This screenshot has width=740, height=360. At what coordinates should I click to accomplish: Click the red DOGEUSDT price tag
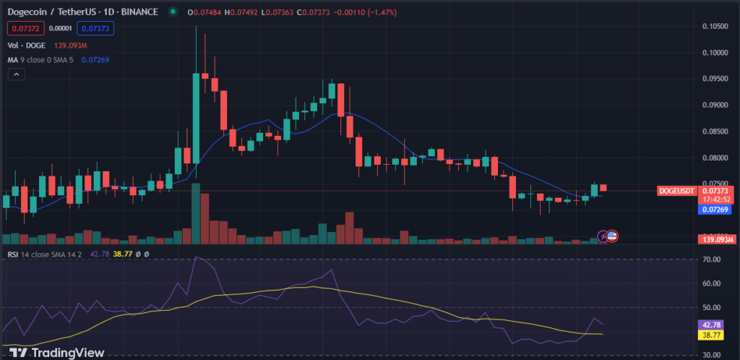pyautogui.click(x=677, y=191)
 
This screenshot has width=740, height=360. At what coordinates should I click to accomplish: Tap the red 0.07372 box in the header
pyautogui.click(x=21, y=28)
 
